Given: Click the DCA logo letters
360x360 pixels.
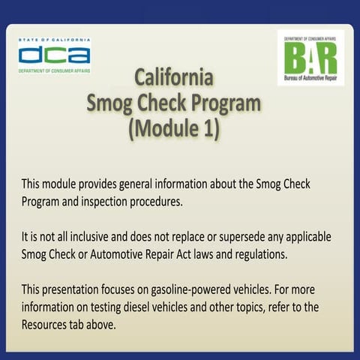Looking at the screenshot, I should click(54, 55).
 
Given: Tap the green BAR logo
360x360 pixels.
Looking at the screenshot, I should click(310, 58).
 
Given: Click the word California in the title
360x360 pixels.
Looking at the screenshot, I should click(175, 77).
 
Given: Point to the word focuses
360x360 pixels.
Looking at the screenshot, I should click(127, 289).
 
